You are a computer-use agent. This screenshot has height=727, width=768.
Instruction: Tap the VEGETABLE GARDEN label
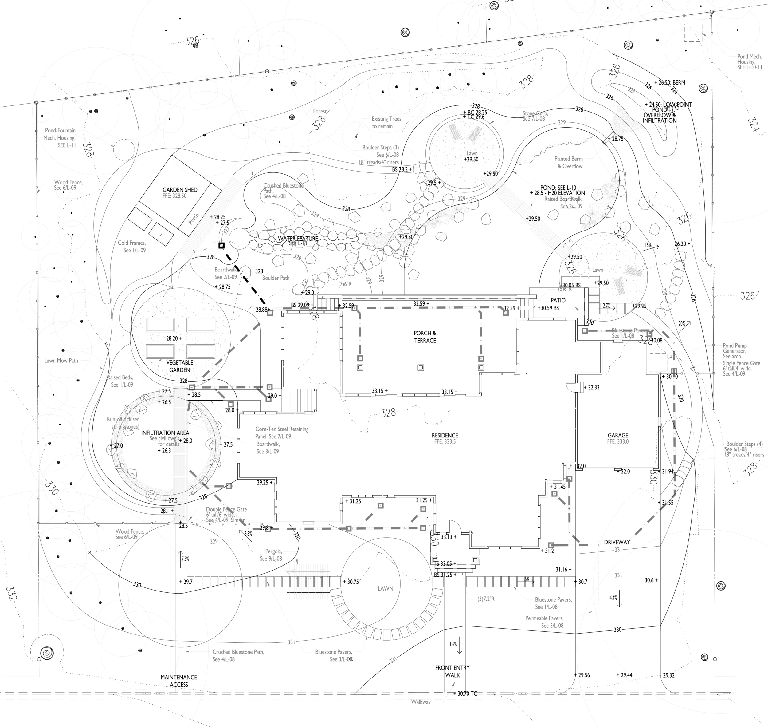click(x=180, y=366)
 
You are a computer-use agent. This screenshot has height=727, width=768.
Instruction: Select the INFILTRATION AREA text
click(x=165, y=433)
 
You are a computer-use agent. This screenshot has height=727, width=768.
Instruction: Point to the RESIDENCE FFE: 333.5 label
click(x=445, y=438)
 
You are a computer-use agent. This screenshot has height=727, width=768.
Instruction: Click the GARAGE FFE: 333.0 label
click(x=618, y=438)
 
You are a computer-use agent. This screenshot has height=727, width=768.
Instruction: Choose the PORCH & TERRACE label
click(x=425, y=337)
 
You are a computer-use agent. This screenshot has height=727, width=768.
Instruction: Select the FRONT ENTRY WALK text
click(x=452, y=671)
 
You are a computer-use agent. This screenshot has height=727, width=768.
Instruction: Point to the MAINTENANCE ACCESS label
click(x=178, y=681)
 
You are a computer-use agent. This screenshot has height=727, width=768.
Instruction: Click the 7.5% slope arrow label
click(x=185, y=559)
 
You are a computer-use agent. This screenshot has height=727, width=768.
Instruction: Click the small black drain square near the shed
click(x=221, y=246)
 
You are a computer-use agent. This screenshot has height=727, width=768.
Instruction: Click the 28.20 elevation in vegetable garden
click(x=174, y=338)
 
